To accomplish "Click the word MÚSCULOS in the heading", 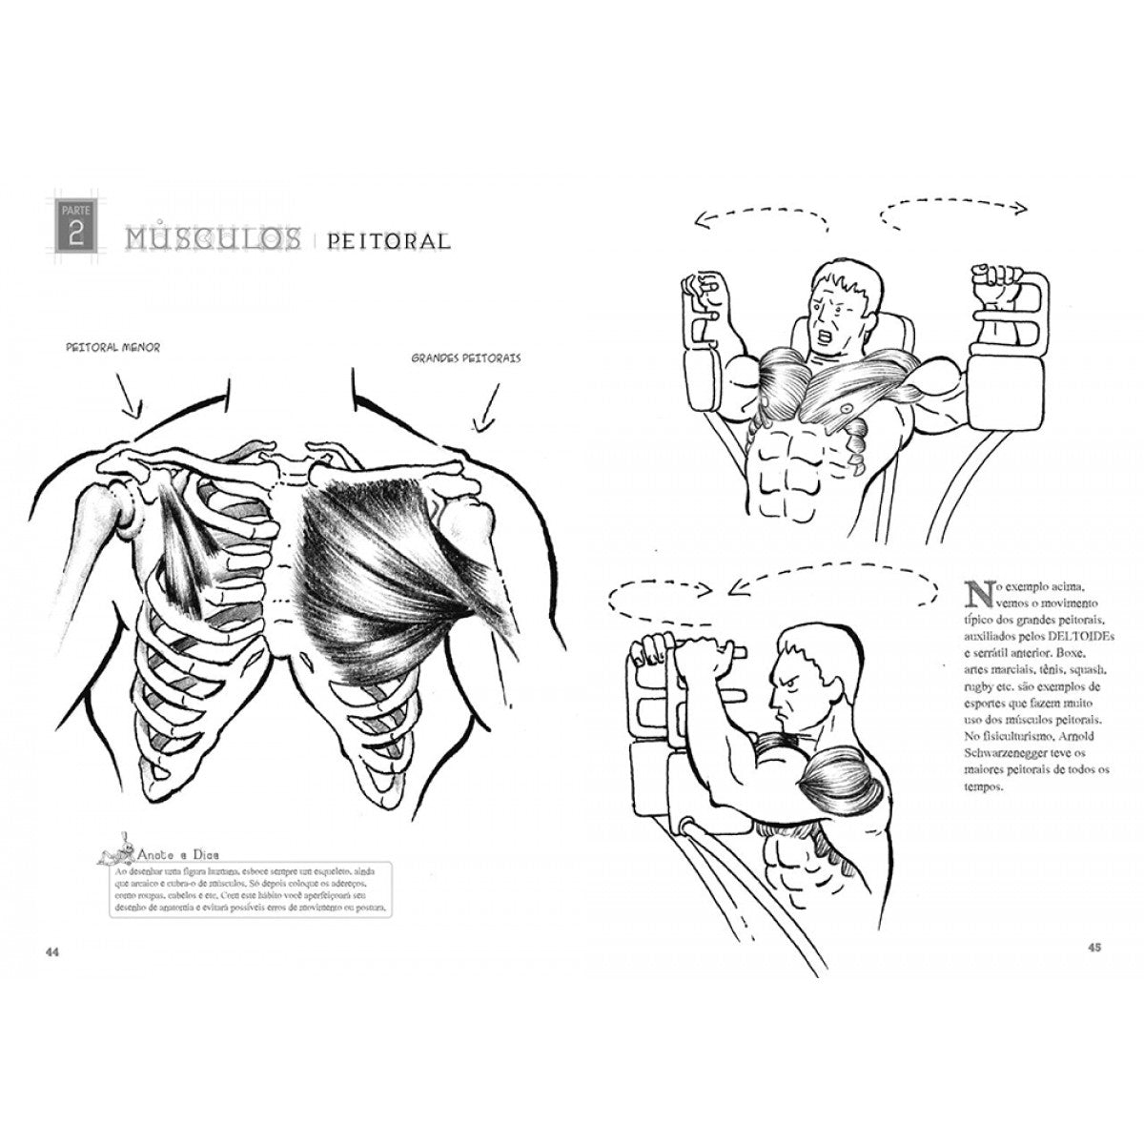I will click(x=207, y=238).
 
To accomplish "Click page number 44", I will click(x=53, y=952).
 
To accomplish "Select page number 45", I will click(x=1093, y=947).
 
